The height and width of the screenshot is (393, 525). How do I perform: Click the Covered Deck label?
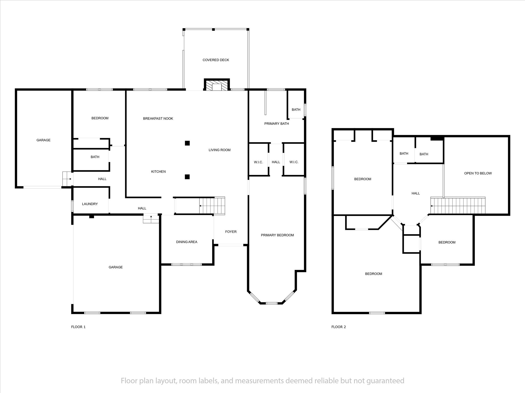(216, 60)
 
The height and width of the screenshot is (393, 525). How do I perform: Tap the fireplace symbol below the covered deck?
(217, 85)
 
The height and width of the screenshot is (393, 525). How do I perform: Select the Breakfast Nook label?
(158, 118)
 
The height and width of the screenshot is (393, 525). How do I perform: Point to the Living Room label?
(219, 150)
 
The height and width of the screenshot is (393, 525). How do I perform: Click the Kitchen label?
(158, 171)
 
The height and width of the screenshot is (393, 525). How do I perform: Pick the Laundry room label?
(90, 204)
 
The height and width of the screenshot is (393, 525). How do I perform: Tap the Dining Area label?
(187, 242)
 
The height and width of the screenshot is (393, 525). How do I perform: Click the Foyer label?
(231, 232)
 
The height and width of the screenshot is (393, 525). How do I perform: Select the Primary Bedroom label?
(277, 235)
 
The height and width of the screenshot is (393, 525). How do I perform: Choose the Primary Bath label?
(277, 124)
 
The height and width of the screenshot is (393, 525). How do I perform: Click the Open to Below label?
(478, 173)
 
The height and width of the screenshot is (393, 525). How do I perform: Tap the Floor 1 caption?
(78, 327)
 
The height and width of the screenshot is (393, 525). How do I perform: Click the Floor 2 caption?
(338, 327)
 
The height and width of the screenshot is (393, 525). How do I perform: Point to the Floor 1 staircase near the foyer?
(212, 206)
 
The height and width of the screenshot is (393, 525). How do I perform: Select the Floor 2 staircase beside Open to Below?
(458, 205)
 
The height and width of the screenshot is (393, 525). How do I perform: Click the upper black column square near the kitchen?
(187, 143)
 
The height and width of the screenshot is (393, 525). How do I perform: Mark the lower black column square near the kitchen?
(187, 177)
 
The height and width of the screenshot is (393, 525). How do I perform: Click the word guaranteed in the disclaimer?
(385, 381)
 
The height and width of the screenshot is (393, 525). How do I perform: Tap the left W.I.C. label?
(258, 162)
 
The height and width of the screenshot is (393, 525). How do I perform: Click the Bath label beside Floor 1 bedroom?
(95, 157)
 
